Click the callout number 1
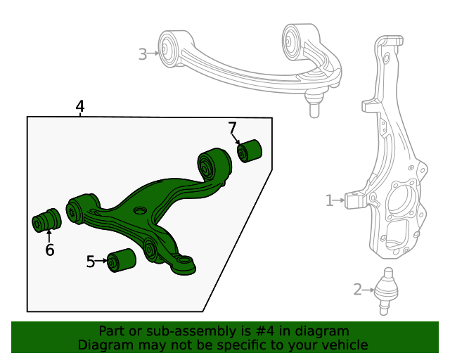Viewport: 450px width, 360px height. click(329, 201)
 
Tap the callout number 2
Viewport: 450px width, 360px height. click(357, 289)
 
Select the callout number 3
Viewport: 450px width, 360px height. click(143, 53)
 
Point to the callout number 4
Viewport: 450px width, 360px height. click(80, 106)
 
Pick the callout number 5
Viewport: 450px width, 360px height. click(90, 262)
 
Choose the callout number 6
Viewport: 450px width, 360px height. click(49, 250)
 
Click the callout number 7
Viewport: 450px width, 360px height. click(232, 127)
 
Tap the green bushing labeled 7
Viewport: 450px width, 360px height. click(250, 150)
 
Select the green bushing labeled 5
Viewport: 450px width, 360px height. click(122, 260)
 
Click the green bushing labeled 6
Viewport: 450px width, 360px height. click(48, 219)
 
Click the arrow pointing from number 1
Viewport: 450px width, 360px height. click(340, 201)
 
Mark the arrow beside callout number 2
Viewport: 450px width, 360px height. click(369, 289)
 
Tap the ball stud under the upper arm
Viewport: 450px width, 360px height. click(314, 106)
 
